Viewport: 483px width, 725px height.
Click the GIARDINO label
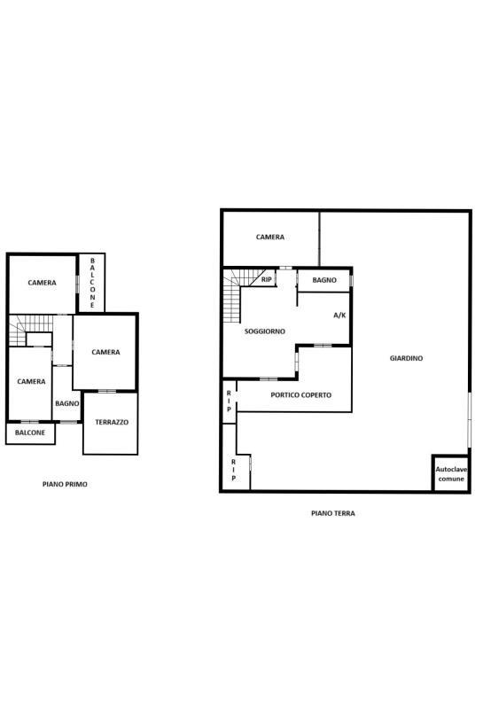[x=406, y=358]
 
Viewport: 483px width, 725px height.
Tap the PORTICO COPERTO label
[x=301, y=395]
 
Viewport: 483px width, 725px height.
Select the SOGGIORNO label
[x=265, y=331]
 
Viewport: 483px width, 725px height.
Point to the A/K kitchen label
[x=339, y=316]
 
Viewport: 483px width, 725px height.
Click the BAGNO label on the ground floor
[x=324, y=280]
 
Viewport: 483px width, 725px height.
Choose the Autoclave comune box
[x=451, y=473]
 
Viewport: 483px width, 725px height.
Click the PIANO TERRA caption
[x=333, y=513]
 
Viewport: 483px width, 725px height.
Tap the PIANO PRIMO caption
[x=65, y=484]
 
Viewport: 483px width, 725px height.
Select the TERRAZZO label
[x=112, y=422]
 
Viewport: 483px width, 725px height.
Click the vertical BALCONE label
[x=92, y=283]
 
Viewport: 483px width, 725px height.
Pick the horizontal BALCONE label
[x=30, y=433]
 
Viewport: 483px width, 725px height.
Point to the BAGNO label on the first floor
[x=67, y=403]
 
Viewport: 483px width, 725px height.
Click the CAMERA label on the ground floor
[x=270, y=237]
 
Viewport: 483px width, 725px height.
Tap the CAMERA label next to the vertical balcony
[x=42, y=283]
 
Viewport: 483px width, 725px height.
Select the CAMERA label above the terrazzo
[x=105, y=352]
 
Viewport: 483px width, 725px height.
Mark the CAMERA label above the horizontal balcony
[x=31, y=381]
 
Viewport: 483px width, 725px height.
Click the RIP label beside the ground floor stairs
[x=267, y=280]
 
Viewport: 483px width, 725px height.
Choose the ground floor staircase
[x=232, y=296]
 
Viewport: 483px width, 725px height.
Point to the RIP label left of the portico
[x=229, y=401]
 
